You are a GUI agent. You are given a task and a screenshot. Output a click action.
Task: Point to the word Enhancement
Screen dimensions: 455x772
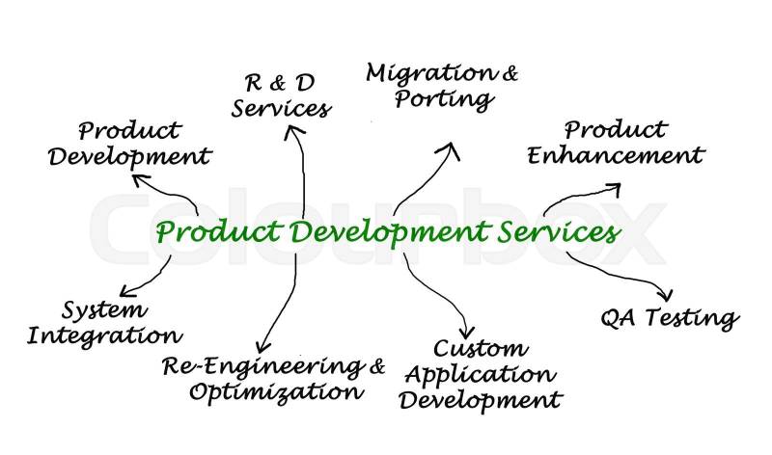pyautogui.click(x=616, y=155)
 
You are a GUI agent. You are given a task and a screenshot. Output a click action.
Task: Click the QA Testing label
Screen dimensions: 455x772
pyautogui.click(x=669, y=318)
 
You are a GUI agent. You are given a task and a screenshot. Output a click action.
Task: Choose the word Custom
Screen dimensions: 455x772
pyautogui.click(x=480, y=349)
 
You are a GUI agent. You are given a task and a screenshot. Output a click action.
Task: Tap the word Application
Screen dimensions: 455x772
pyautogui.click(x=480, y=374)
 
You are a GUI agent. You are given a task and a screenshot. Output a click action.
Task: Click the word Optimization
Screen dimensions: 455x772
pyautogui.click(x=276, y=391)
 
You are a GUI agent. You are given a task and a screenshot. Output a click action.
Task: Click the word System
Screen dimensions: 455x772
pyautogui.click(x=104, y=310)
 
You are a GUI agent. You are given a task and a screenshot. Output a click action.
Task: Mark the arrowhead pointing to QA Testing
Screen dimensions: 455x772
pyautogui.click(x=665, y=294)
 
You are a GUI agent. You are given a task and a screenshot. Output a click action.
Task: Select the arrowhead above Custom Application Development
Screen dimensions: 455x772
pyautogui.click(x=467, y=332)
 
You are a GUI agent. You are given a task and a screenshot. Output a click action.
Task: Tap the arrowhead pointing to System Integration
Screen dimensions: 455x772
pyautogui.click(x=124, y=290)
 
